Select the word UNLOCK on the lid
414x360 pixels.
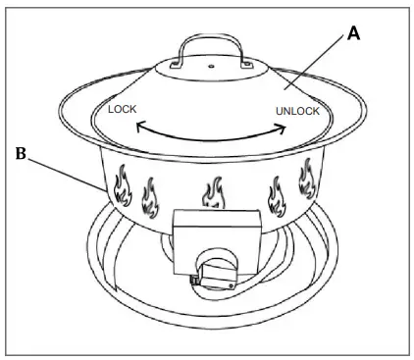click(x=297, y=111)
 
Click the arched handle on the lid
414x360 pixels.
click(x=206, y=51)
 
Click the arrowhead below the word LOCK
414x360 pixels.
click(x=138, y=128)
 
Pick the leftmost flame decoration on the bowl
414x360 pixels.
click(x=122, y=187)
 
